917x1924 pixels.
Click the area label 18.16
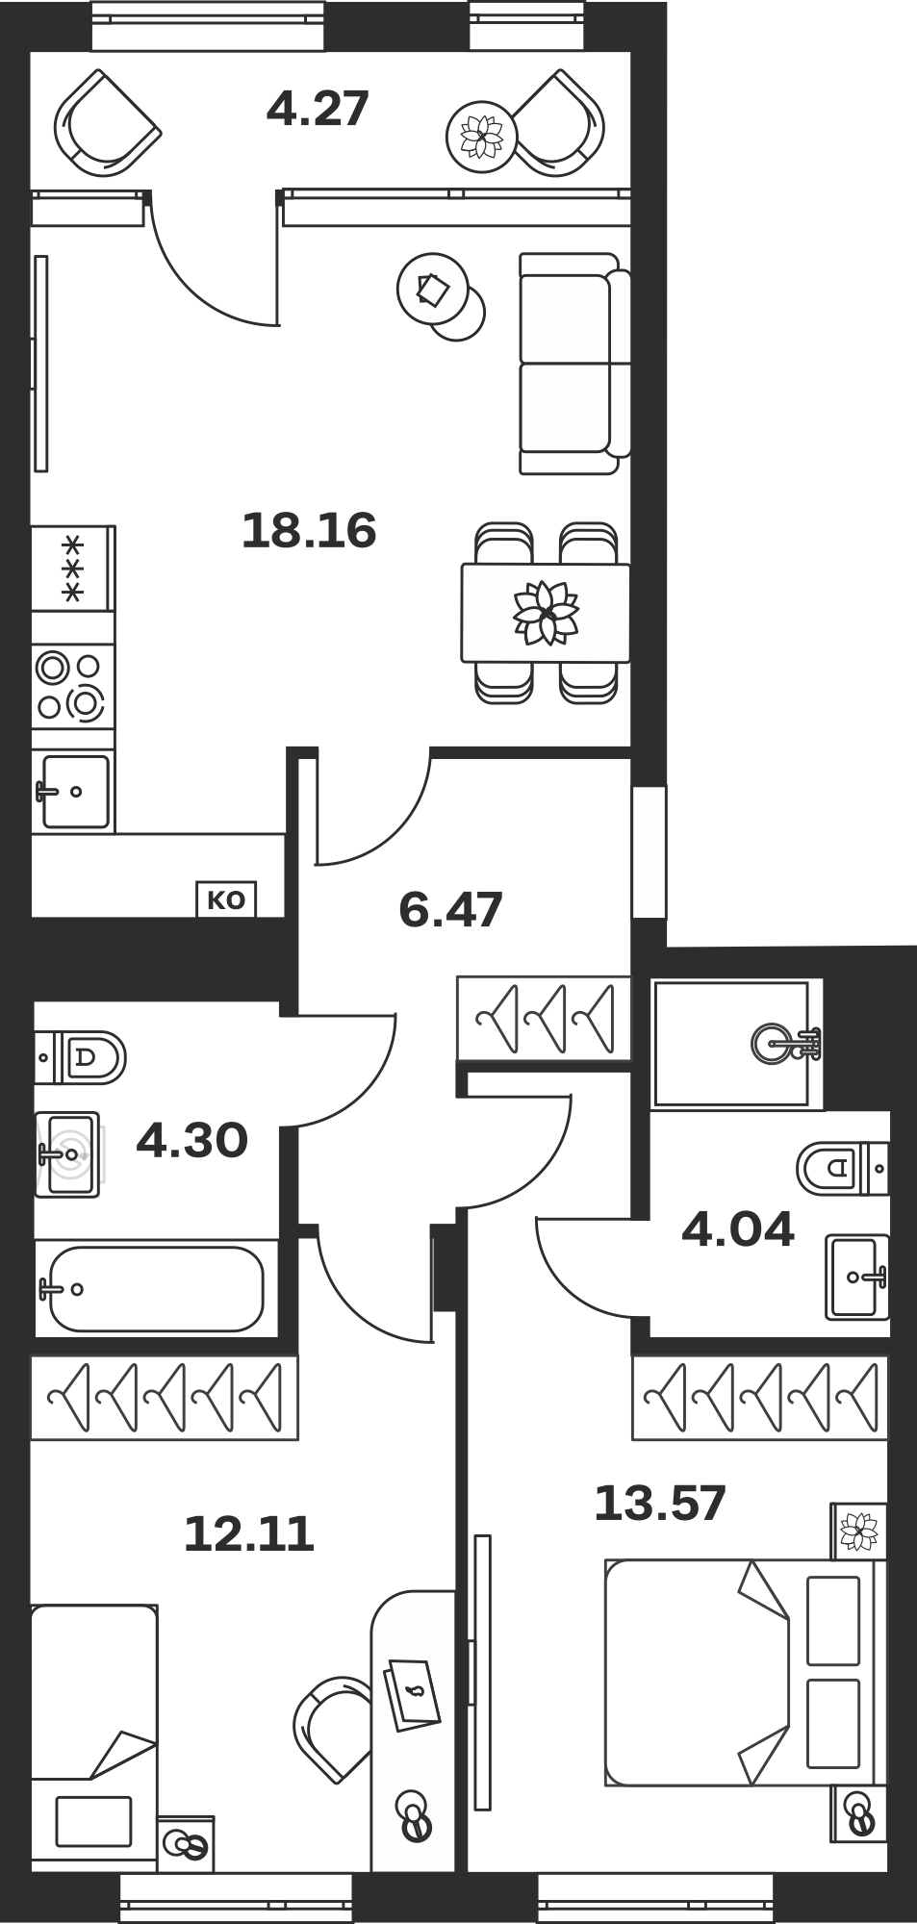point(308,530)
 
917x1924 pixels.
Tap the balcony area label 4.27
point(318,109)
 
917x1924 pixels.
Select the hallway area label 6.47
point(450,910)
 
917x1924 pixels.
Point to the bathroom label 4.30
point(192,1141)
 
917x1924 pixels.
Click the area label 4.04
point(738,1229)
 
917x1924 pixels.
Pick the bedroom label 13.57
point(660,1503)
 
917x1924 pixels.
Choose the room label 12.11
point(249,1533)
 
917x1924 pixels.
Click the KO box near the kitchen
point(226,900)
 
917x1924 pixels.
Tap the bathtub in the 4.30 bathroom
point(151,1289)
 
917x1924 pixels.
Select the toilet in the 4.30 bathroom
point(81,1057)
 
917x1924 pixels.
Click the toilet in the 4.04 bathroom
point(842,1168)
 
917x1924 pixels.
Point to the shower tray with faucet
point(732,1043)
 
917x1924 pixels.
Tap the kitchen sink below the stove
point(74,792)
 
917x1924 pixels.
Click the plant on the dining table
point(546,613)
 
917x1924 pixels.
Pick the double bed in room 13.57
point(744,1673)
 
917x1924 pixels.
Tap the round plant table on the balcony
point(481,137)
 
